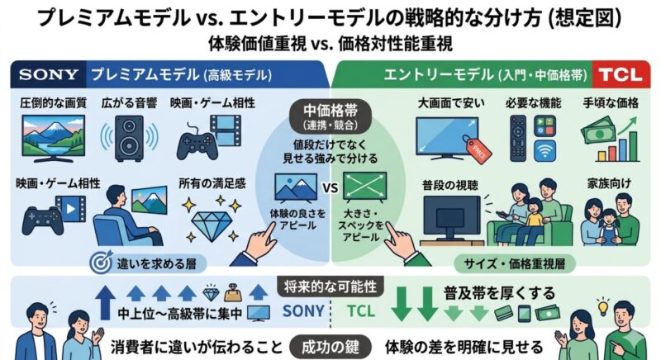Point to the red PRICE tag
tap(473, 146)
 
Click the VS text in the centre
tap(330, 188)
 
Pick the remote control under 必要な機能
tap(519, 136)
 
